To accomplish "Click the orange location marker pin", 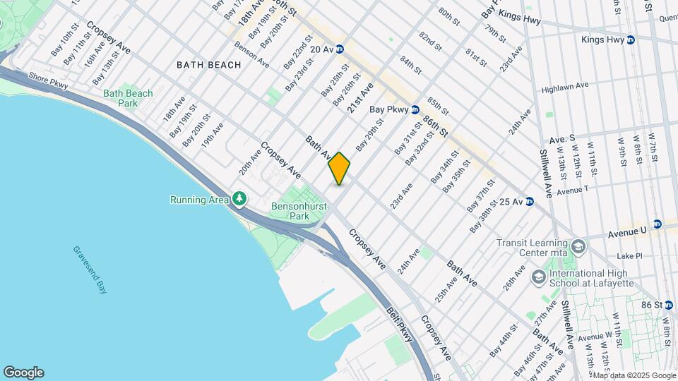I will [x=339, y=169].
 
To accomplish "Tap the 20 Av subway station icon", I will [x=340, y=49].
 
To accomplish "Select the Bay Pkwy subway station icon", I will [x=415, y=109].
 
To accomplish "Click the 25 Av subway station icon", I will [x=529, y=202].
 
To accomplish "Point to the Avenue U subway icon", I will [x=657, y=224].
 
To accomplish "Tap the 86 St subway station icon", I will [x=668, y=305].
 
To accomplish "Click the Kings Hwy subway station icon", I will [x=631, y=40].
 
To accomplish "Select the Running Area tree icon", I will [x=239, y=200].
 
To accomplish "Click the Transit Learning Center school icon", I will [x=579, y=246].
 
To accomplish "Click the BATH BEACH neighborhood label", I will [x=208, y=65].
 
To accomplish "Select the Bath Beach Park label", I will [x=128, y=98].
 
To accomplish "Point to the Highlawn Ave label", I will [x=565, y=87].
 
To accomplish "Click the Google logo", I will [x=23, y=373].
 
